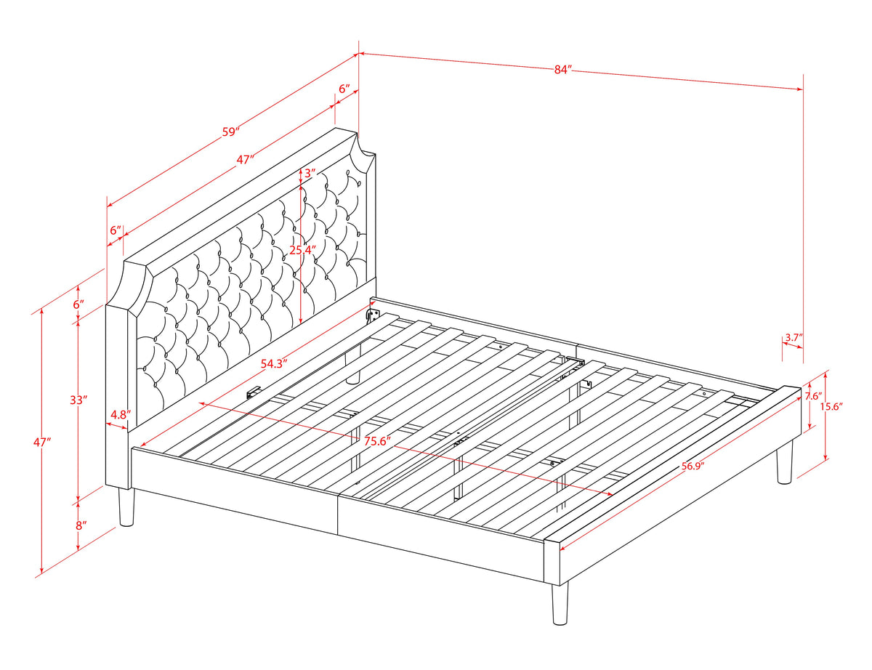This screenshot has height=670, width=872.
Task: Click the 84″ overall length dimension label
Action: coord(562,70)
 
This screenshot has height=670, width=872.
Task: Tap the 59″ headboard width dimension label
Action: coord(231,132)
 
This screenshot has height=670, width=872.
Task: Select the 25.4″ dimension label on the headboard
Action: coord(302,250)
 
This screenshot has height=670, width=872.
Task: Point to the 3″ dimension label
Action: coord(310,173)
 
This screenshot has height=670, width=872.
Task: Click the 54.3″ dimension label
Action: coord(274,363)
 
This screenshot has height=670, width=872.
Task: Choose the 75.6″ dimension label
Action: coord(378,441)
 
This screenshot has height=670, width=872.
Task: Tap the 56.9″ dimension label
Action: coord(693,466)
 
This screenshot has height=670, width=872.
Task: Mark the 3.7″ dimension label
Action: coord(794,337)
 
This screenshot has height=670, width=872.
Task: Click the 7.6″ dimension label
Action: coord(814,396)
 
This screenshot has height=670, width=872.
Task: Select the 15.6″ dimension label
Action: coord(831,406)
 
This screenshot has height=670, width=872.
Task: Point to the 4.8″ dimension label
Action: coord(121,414)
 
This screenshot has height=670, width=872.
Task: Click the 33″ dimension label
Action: coord(78,400)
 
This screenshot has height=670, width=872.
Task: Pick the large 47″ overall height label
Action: coord(43,442)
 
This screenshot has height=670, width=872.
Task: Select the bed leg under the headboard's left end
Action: coord(126,507)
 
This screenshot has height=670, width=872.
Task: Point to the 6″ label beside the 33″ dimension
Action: coord(78,304)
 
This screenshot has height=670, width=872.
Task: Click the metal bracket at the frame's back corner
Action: coord(374,314)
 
